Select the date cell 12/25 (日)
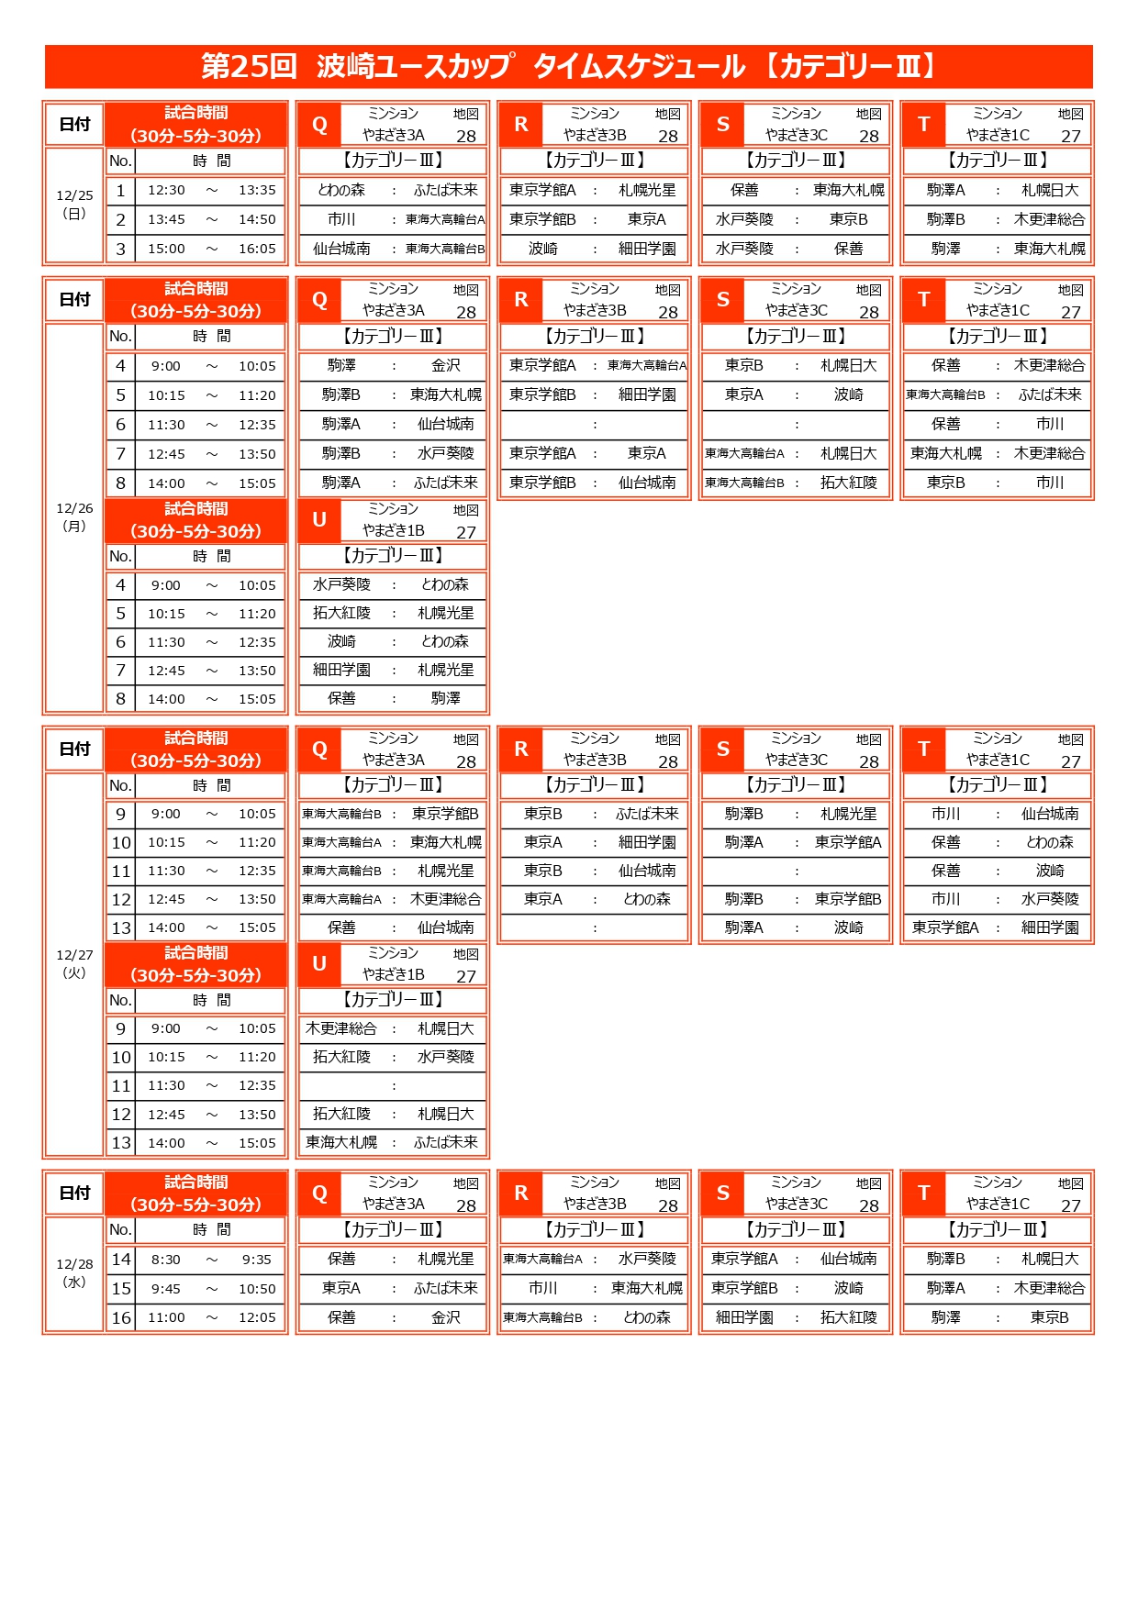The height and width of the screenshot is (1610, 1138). [74, 204]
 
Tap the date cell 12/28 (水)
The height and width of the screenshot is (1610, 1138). [74, 1272]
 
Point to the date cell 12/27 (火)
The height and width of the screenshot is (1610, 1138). [74, 963]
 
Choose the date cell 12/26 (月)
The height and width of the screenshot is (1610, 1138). [74, 516]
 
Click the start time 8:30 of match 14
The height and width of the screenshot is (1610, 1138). [166, 1260]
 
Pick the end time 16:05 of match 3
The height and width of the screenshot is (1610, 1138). [257, 249]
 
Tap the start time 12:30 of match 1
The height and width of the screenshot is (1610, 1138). [166, 190]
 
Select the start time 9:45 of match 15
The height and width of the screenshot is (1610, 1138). [166, 1289]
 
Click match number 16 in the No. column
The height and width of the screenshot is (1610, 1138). [121, 1318]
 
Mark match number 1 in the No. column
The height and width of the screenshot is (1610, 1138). [120, 190]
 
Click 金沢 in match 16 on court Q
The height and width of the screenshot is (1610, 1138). [446, 1318]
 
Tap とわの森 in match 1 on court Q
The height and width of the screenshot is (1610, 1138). [341, 190]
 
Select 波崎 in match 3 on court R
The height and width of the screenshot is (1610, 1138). [543, 249]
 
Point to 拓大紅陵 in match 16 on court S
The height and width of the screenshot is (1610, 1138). [849, 1318]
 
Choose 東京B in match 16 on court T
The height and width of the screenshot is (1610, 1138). [1050, 1318]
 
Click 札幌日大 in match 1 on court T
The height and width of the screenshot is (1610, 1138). [1050, 190]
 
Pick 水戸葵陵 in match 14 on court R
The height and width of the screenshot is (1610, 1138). [647, 1260]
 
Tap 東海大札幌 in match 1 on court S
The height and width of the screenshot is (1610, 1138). [849, 190]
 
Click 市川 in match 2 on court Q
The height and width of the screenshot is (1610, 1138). [341, 219]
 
